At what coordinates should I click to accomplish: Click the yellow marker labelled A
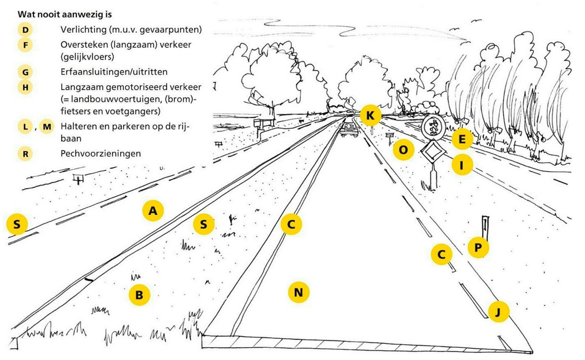[x=153, y=211]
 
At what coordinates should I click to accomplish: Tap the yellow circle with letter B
[x=139, y=295]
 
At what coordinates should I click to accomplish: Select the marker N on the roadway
[x=298, y=292]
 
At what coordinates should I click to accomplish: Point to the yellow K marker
[x=370, y=116]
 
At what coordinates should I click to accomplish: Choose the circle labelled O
[x=403, y=150]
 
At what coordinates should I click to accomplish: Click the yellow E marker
[x=462, y=139]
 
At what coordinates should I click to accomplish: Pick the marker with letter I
[x=462, y=165]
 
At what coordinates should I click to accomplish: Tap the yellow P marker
[x=478, y=247]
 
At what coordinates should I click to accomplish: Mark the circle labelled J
[x=498, y=312]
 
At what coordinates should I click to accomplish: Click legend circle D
[x=25, y=29]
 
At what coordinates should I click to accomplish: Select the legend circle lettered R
[x=25, y=153]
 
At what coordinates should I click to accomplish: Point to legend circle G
[x=25, y=72]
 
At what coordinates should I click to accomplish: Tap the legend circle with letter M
[x=47, y=127]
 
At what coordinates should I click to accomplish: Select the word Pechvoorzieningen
[x=100, y=153]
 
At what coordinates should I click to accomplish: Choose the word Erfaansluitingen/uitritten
[x=114, y=72]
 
